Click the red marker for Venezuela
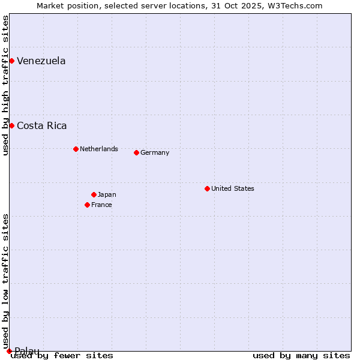click(x=11, y=61)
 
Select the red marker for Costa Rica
click(x=11, y=125)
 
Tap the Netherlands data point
click(x=76, y=149)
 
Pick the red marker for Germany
click(x=136, y=152)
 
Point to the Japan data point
click(x=94, y=194)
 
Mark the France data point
click(x=87, y=205)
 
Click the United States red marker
click(x=207, y=188)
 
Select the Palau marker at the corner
click(x=9, y=351)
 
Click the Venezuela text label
click(x=41, y=61)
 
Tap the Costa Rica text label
click(x=41, y=125)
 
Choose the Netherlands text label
click(x=99, y=149)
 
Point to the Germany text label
click(x=155, y=152)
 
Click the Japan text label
click(x=107, y=194)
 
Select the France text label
click(x=101, y=205)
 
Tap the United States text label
click(x=233, y=188)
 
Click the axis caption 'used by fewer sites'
click(x=62, y=355)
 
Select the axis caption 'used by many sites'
click(x=301, y=355)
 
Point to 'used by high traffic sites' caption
click(x=5, y=85)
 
